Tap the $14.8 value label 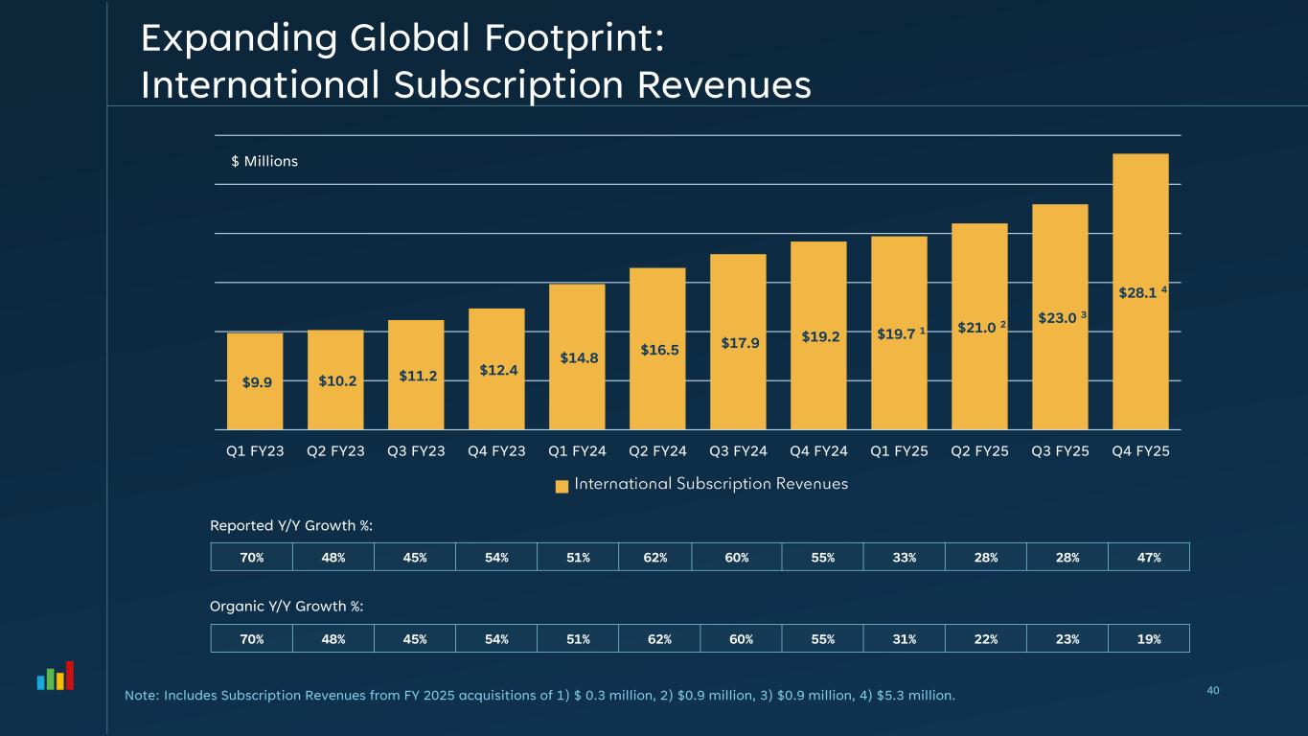click(x=579, y=358)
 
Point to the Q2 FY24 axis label click(x=657, y=450)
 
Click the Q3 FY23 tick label click(x=416, y=450)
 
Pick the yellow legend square click(x=562, y=486)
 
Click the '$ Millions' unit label click(x=264, y=161)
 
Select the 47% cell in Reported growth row click(x=1148, y=557)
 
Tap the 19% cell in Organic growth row click(x=1148, y=638)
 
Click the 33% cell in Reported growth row click(x=904, y=557)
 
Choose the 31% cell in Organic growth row click(x=904, y=638)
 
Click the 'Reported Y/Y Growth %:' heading click(x=291, y=525)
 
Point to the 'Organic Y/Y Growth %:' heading click(x=287, y=607)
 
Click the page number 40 click(x=1214, y=690)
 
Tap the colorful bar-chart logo click(x=56, y=677)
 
